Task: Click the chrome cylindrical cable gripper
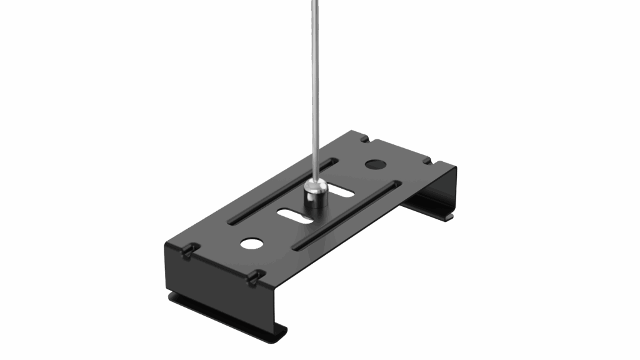(x=316, y=198)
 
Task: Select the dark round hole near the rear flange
(x=374, y=164)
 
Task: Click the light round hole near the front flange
(x=252, y=242)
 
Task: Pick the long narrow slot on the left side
(x=282, y=191)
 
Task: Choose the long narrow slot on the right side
(x=347, y=215)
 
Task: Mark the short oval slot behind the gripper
(x=342, y=189)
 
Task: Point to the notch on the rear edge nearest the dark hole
(x=364, y=139)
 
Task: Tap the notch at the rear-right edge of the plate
(x=427, y=161)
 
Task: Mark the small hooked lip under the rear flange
(x=449, y=216)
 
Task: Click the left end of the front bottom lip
(x=172, y=297)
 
